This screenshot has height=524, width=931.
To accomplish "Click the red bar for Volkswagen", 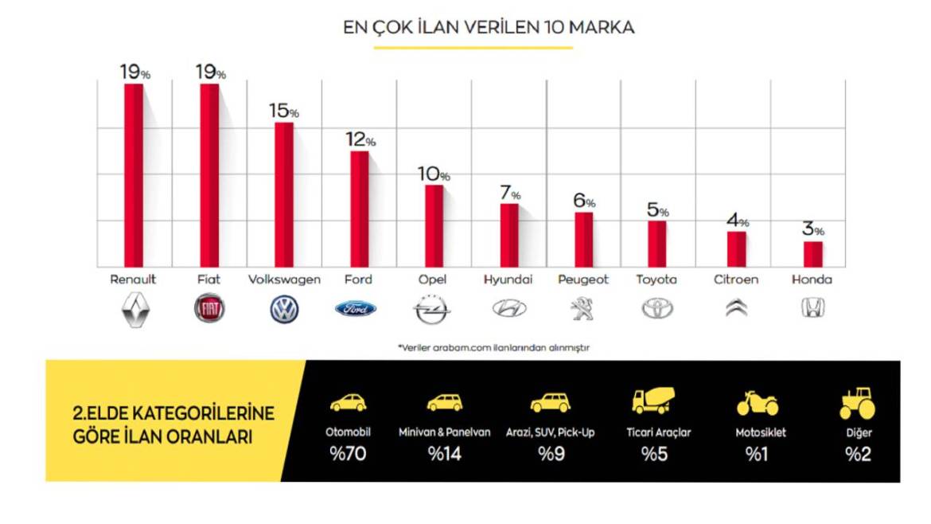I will pos(284,194).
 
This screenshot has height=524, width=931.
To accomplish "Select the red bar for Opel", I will pos(434,226).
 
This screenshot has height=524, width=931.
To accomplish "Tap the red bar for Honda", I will pos(812,254).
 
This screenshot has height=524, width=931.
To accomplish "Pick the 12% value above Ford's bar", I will pos(360,140).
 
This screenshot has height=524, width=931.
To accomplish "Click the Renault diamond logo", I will pos(134,309).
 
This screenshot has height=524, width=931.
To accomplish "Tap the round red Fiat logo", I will pos(209,309).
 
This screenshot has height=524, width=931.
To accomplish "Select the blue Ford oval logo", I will pos(356,309).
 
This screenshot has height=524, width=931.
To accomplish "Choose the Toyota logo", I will pos(657,309).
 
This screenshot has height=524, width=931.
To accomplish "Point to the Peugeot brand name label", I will pos(583,280).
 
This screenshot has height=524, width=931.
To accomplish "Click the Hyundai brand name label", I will pos(508,280).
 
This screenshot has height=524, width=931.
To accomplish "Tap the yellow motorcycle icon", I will pos(757,403).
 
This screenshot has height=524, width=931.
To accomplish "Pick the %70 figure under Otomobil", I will pos(348,455).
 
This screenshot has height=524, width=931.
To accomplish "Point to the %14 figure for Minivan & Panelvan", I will pos(444,455).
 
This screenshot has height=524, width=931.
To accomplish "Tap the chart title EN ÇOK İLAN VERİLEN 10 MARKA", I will pos(488,27).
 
